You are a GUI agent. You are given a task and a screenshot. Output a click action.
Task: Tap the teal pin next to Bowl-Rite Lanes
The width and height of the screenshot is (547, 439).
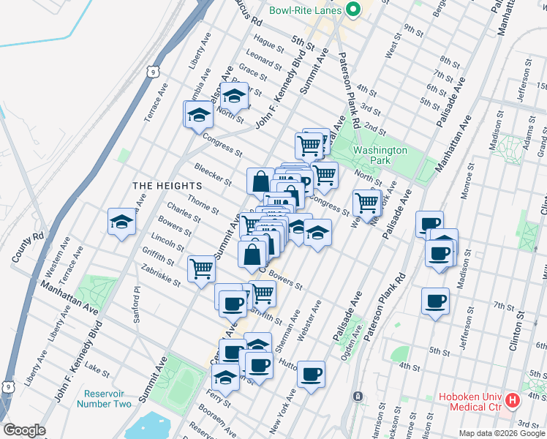pos(352,10)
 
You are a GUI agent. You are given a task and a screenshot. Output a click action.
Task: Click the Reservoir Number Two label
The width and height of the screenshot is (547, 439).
pos(104,398)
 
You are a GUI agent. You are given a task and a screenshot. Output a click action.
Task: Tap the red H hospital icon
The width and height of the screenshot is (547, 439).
pos(513,401)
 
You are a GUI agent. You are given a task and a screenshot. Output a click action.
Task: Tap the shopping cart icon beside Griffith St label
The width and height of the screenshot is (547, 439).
pos(200,268)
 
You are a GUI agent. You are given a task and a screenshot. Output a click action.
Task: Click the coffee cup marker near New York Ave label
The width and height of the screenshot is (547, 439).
pos(311,375)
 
